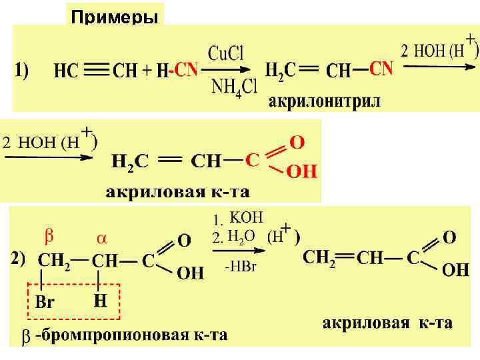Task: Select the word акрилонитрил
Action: tap(325, 102)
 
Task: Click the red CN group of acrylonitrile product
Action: tap(381, 69)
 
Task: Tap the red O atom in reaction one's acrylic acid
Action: tap(297, 143)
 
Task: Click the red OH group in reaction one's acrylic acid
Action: tap(301, 172)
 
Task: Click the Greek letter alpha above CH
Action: tap(101, 238)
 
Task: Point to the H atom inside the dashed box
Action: tap(99, 301)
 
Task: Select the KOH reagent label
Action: tap(246, 217)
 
